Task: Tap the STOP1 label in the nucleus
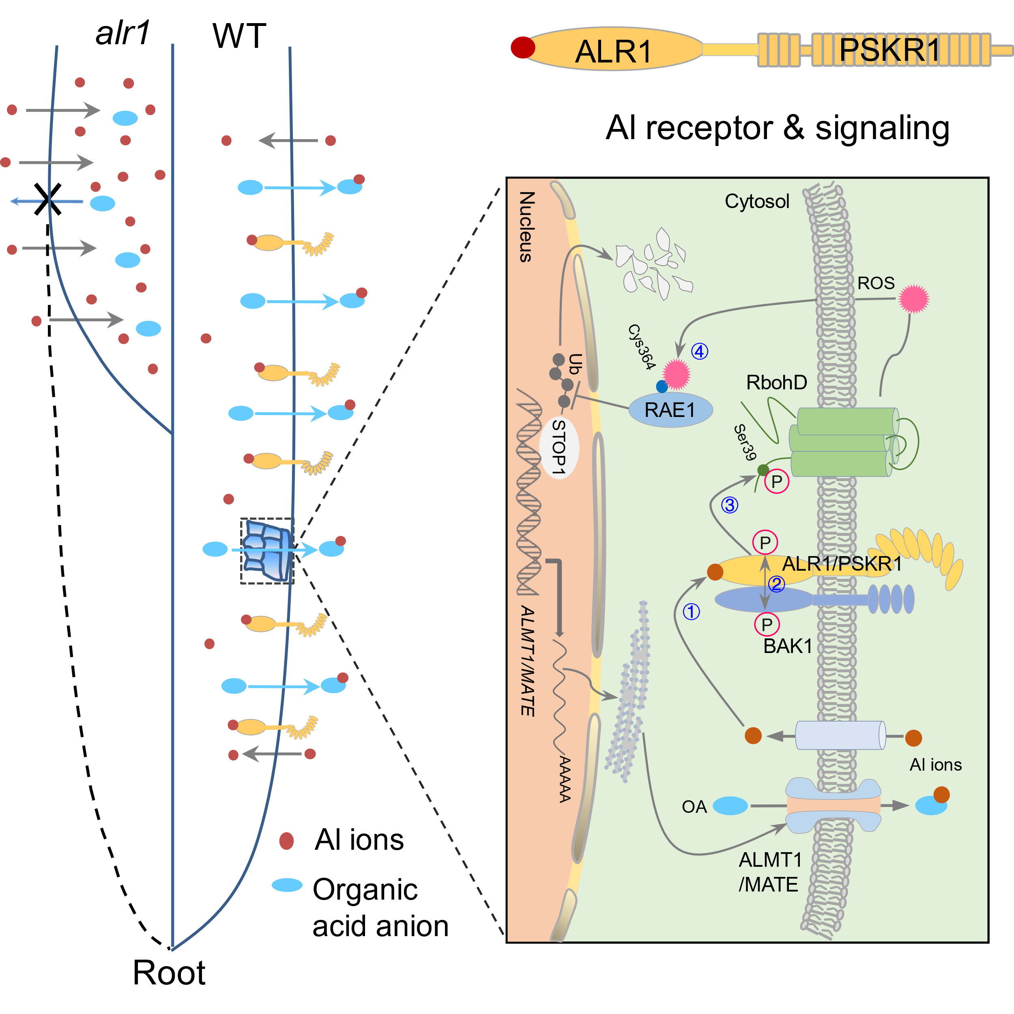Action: (x=559, y=448)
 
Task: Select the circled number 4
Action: (x=700, y=351)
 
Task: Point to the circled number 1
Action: (x=691, y=612)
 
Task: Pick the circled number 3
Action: (x=730, y=505)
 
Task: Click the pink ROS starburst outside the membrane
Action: (x=914, y=299)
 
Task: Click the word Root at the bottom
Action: (x=169, y=973)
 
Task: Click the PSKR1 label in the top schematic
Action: (x=889, y=50)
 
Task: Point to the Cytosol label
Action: (x=757, y=201)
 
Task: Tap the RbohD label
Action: (x=777, y=382)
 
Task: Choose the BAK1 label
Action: (x=788, y=646)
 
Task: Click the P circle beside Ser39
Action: (x=777, y=481)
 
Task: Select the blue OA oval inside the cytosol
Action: (x=730, y=806)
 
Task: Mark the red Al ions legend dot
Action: (x=287, y=841)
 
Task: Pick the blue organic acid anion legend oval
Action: (x=287, y=885)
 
